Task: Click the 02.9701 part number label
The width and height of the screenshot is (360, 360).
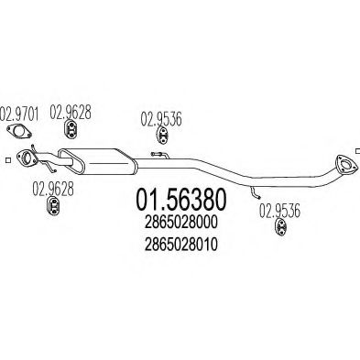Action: (19, 114)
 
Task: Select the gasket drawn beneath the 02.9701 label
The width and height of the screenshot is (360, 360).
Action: (19, 131)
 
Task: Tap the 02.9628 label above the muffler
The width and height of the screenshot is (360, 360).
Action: (71, 112)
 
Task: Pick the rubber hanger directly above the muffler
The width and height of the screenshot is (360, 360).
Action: (71, 131)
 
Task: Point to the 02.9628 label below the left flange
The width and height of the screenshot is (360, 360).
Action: (53, 190)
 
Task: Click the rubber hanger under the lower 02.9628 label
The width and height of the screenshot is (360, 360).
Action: (53, 206)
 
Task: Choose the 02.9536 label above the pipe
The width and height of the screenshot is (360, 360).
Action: (161, 119)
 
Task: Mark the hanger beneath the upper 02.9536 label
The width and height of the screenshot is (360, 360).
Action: (162, 136)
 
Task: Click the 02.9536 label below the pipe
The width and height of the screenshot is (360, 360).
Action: (279, 211)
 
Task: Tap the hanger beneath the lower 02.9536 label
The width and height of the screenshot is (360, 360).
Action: (281, 227)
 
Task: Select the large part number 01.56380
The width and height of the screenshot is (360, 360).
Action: (181, 199)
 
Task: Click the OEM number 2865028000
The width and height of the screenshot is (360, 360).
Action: (181, 222)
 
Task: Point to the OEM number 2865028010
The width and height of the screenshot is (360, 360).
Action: (181, 244)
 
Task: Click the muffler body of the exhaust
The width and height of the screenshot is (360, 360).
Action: (98, 161)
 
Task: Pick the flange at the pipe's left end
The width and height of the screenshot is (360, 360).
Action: (27, 158)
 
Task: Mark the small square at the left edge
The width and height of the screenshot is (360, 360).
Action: (8, 160)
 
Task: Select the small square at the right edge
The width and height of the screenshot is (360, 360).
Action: (357, 151)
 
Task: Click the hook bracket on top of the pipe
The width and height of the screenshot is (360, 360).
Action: (159, 155)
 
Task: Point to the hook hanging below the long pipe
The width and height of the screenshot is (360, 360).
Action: (255, 191)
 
